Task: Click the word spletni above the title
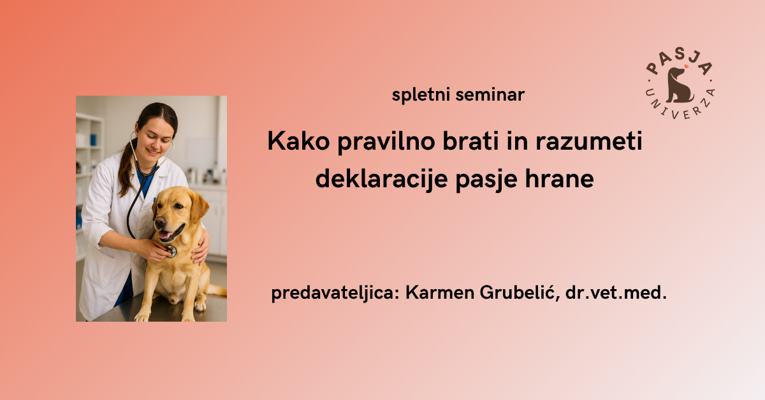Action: pos(420,95)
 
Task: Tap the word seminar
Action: pos(490,95)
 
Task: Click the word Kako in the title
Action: pos(298,141)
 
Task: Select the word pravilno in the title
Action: pos(386,141)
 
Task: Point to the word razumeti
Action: pos(589,141)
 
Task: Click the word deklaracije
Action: pos(381,179)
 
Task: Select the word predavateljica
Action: pos(335,293)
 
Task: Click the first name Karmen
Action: pos(440,292)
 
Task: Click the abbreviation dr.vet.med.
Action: pos(616,292)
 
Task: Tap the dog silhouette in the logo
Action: pos(679,85)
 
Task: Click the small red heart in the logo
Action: pos(687,66)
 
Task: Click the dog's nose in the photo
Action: pos(160,222)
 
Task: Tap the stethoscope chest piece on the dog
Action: pos(171,251)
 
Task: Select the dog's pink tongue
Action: pos(164,235)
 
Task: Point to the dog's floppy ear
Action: pos(199,206)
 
